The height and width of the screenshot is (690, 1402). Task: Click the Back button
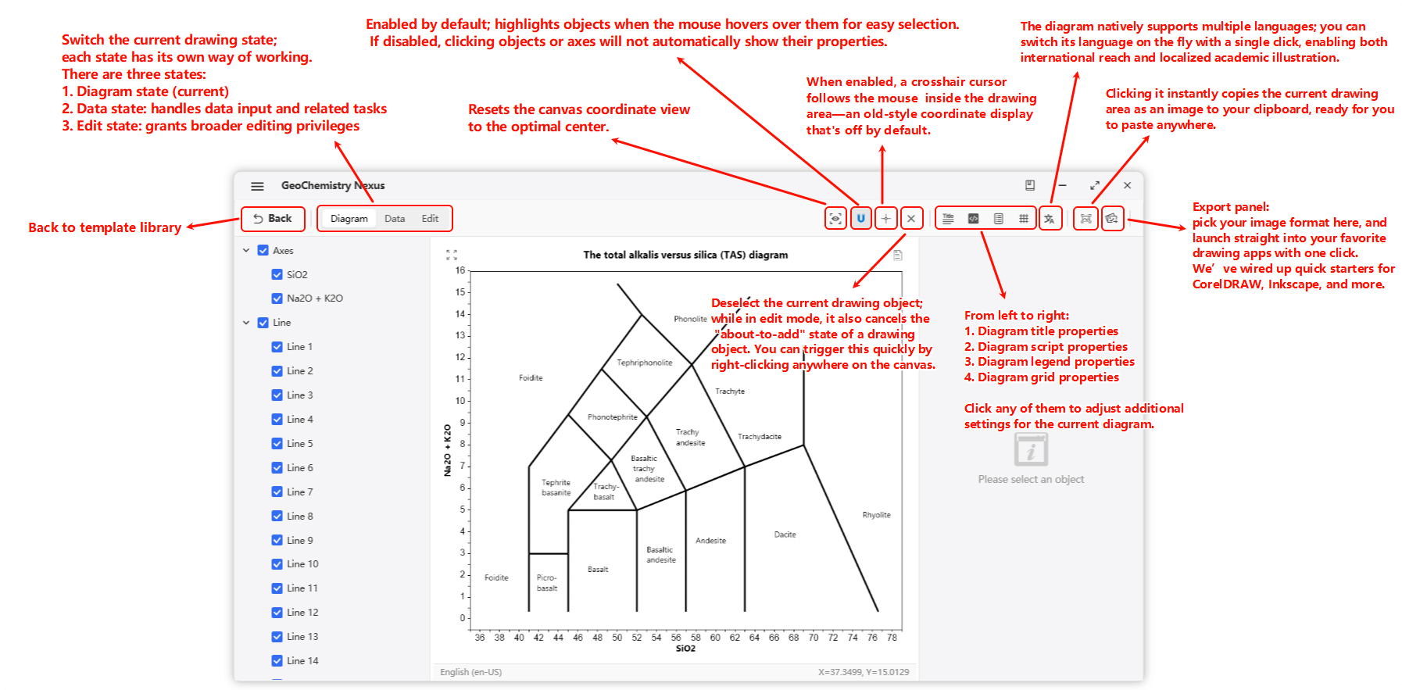(273, 219)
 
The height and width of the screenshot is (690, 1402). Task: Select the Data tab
(395, 219)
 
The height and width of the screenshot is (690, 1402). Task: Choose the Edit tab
(430, 219)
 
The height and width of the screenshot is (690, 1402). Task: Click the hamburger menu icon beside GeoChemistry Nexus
(257, 186)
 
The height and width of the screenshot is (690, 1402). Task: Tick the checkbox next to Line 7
(277, 492)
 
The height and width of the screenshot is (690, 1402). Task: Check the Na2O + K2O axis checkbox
(277, 299)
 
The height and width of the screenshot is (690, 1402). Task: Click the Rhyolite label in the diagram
(876, 515)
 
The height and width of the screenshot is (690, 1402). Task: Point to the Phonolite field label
(690, 319)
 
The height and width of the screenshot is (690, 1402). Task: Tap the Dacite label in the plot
(785, 534)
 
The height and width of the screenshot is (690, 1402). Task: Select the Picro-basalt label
(547, 583)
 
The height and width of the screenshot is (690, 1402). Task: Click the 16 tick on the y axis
(460, 270)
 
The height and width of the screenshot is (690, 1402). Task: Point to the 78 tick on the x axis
(892, 638)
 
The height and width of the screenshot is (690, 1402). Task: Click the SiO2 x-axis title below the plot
(685, 649)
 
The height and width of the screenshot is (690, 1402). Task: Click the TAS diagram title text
(685, 255)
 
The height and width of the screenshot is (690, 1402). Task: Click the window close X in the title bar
(1127, 185)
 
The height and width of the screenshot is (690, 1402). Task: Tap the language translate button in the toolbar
(1050, 219)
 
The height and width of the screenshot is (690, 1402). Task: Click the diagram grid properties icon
(1023, 219)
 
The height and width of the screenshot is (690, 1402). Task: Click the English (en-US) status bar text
(470, 672)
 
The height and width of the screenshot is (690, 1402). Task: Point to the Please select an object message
(1031, 480)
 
